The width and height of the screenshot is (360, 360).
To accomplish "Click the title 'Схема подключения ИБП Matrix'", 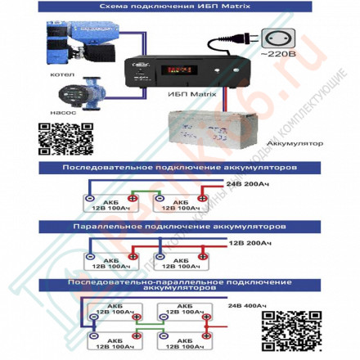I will tap(179, 7).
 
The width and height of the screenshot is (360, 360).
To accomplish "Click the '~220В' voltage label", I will tap(277, 55).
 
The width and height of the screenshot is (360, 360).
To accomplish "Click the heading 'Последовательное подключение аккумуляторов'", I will tap(179, 167).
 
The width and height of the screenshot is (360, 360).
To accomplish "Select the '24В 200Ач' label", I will tap(245, 184).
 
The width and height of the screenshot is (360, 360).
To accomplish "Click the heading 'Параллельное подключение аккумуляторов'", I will tap(179, 223).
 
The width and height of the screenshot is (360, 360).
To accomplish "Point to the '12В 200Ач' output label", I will tap(249, 243).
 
